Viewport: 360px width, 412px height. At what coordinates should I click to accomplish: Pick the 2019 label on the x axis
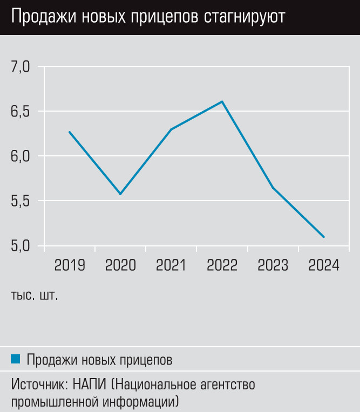70,265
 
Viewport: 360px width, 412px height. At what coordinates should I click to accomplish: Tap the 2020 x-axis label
120,265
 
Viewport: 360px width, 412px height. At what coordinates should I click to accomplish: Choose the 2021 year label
171,265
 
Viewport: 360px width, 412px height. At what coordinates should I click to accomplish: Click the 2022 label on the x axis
222,265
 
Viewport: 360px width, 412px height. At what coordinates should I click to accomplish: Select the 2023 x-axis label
273,265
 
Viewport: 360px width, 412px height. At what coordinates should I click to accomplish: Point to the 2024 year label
323,265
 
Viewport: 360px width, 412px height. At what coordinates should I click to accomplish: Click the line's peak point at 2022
222,101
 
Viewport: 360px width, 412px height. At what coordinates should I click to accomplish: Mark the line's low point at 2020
120,194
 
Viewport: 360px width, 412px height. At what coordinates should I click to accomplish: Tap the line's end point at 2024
323,237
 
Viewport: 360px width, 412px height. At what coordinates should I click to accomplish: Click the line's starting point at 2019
70,132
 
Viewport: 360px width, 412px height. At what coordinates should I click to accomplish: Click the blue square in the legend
15,359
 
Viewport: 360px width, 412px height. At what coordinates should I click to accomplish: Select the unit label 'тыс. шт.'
34,296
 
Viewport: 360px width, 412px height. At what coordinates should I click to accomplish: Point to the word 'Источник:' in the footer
37,386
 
